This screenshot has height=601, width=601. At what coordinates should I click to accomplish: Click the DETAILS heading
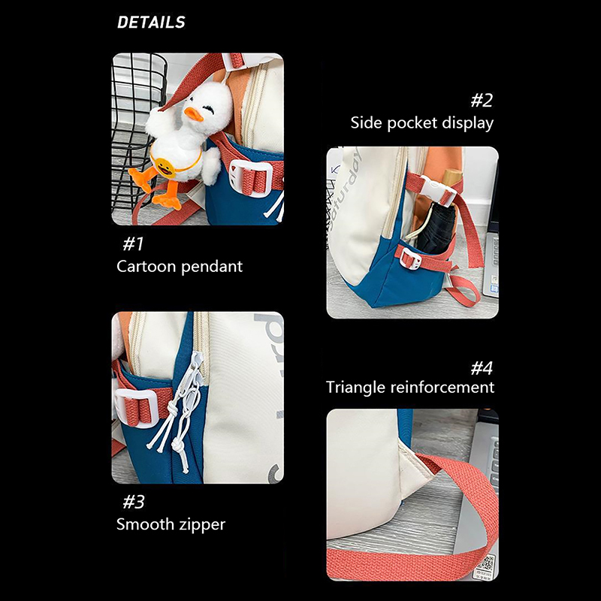(151, 23)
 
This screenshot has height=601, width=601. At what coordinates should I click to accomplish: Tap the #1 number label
(133, 243)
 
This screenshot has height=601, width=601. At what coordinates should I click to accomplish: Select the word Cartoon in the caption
(145, 267)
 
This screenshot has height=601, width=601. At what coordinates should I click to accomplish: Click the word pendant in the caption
(211, 267)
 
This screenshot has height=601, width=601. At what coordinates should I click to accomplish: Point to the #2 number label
(482, 100)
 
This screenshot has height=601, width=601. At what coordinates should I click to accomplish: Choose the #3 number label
(134, 502)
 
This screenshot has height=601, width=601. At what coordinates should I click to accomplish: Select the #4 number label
(482, 368)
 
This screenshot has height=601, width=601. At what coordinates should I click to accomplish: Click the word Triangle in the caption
(355, 388)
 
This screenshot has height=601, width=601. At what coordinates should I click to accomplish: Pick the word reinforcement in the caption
(442, 387)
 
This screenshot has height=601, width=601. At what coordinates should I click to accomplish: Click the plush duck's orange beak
(193, 114)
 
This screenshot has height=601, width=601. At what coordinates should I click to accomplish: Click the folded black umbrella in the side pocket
(437, 229)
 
